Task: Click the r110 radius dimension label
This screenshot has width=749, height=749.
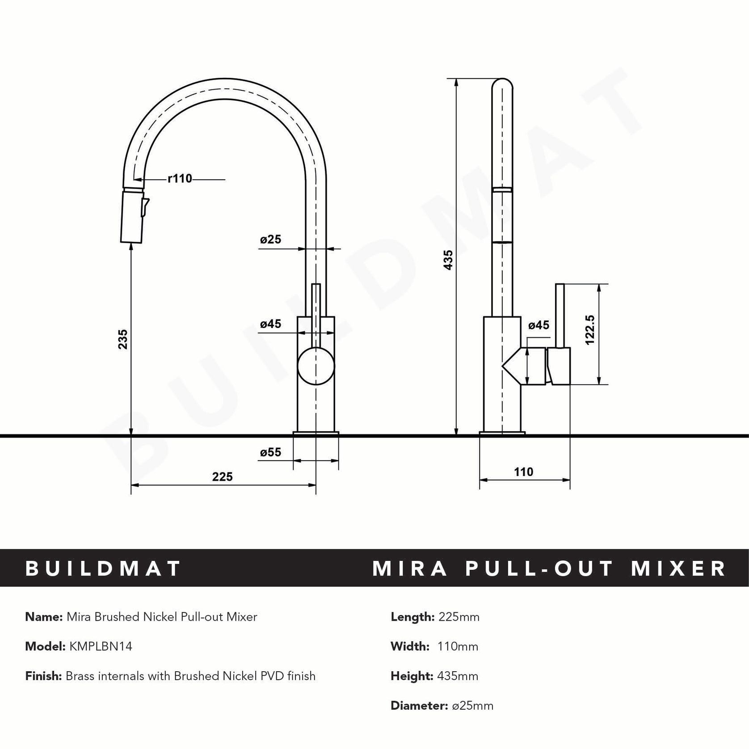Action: pos(180,179)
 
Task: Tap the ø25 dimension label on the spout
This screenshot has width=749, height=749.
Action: pos(271,240)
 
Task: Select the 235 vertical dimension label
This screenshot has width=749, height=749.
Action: pos(123,339)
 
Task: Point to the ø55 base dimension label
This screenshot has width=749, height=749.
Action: pos(271,452)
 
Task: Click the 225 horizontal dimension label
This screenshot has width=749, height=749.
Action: pos(222,476)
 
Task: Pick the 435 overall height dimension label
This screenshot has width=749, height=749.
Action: pos(448,260)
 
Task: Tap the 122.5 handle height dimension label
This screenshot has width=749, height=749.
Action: pos(590,330)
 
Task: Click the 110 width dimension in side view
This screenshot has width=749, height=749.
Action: pos(523,472)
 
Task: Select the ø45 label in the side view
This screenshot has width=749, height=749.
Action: pos(539,325)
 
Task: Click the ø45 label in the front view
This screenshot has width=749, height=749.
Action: pos(271,324)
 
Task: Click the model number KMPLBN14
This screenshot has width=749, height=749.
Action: pos(101,646)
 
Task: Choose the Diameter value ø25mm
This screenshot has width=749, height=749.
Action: pos(473,706)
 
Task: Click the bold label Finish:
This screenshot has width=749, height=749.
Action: pos(43,676)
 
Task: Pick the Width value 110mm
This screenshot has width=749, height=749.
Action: pos(459,646)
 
